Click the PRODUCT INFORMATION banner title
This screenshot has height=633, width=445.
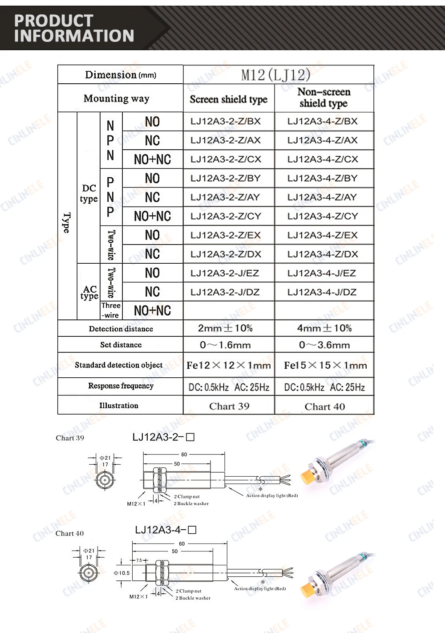point(74,28)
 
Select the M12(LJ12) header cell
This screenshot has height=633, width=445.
point(276,75)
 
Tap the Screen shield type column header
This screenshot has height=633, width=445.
point(229,99)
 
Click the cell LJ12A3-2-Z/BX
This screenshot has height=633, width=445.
point(226,121)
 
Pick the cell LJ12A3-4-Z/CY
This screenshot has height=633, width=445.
point(323,216)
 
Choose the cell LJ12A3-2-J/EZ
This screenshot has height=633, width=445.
point(225,273)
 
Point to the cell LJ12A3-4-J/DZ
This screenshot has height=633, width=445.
point(322,292)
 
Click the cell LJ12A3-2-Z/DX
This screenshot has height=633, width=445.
point(226,254)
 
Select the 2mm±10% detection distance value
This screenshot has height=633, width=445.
point(225,328)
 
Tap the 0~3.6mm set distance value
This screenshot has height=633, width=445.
point(324,345)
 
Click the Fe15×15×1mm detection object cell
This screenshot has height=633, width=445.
point(325,366)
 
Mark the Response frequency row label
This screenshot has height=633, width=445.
point(121,386)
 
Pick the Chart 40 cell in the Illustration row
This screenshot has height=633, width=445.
point(325,406)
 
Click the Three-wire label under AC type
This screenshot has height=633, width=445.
point(111,310)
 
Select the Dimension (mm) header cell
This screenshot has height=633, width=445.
point(121,75)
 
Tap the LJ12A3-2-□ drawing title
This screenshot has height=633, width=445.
point(163,437)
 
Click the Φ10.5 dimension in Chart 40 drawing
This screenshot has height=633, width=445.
point(121,573)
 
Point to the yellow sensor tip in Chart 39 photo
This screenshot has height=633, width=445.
point(307,476)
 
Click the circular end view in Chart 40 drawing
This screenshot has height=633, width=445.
point(89,572)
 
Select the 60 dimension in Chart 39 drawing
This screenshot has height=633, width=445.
point(184,454)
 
